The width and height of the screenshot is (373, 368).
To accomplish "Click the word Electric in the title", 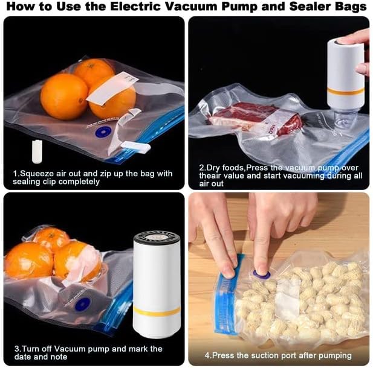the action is pos(135,7).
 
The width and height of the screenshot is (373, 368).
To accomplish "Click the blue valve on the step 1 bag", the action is pos(103,132).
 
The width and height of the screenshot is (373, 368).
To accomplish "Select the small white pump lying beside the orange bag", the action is pos(37,151).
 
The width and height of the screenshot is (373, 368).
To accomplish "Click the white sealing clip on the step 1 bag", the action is pos(135,147).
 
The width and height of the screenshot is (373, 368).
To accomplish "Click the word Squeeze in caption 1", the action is pos(36,174).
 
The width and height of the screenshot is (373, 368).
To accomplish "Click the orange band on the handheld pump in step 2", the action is pos(345,92).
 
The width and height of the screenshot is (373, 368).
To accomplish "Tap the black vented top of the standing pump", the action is pos(157,238).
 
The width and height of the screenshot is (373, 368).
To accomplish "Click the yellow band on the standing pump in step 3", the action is pos(157,311).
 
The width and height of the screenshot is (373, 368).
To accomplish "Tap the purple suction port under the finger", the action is pos(262,274).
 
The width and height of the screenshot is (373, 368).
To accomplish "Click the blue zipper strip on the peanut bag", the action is pos(227,294).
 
